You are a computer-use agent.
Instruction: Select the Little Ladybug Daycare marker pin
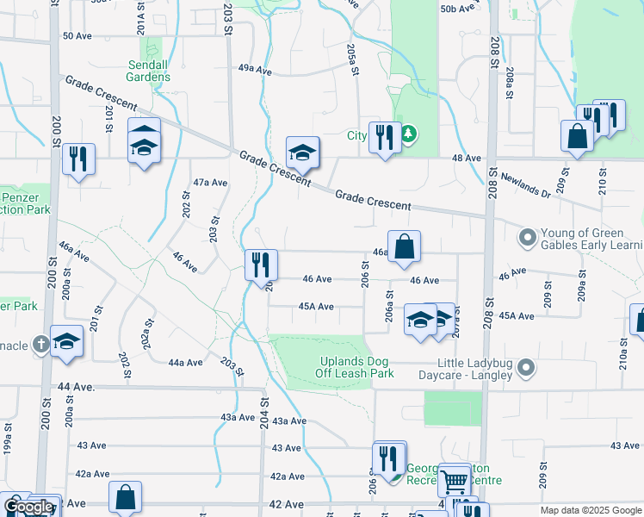click(x=527, y=369)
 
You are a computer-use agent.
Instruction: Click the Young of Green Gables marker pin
click(x=527, y=235)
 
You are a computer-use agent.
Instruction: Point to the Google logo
click(x=28, y=507)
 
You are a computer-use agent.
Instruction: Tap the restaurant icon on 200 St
click(x=77, y=159)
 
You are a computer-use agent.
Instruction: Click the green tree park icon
click(x=409, y=134)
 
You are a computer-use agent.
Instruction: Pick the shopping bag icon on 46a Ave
click(x=404, y=247)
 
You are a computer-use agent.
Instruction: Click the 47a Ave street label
click(x=210, y=183)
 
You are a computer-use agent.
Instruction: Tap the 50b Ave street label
click(x=457, y=9)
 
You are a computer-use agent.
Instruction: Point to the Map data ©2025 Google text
click(x=591, y=510)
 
